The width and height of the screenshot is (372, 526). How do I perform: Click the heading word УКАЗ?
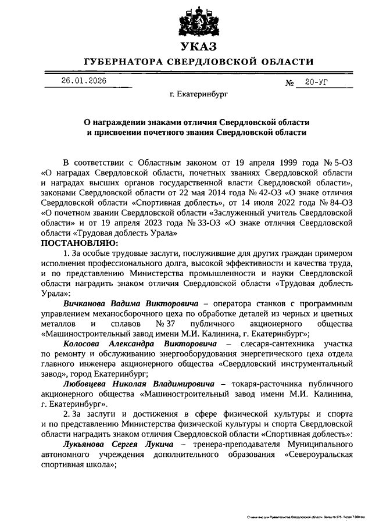point(198,46)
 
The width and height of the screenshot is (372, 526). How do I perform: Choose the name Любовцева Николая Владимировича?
point(132,384)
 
